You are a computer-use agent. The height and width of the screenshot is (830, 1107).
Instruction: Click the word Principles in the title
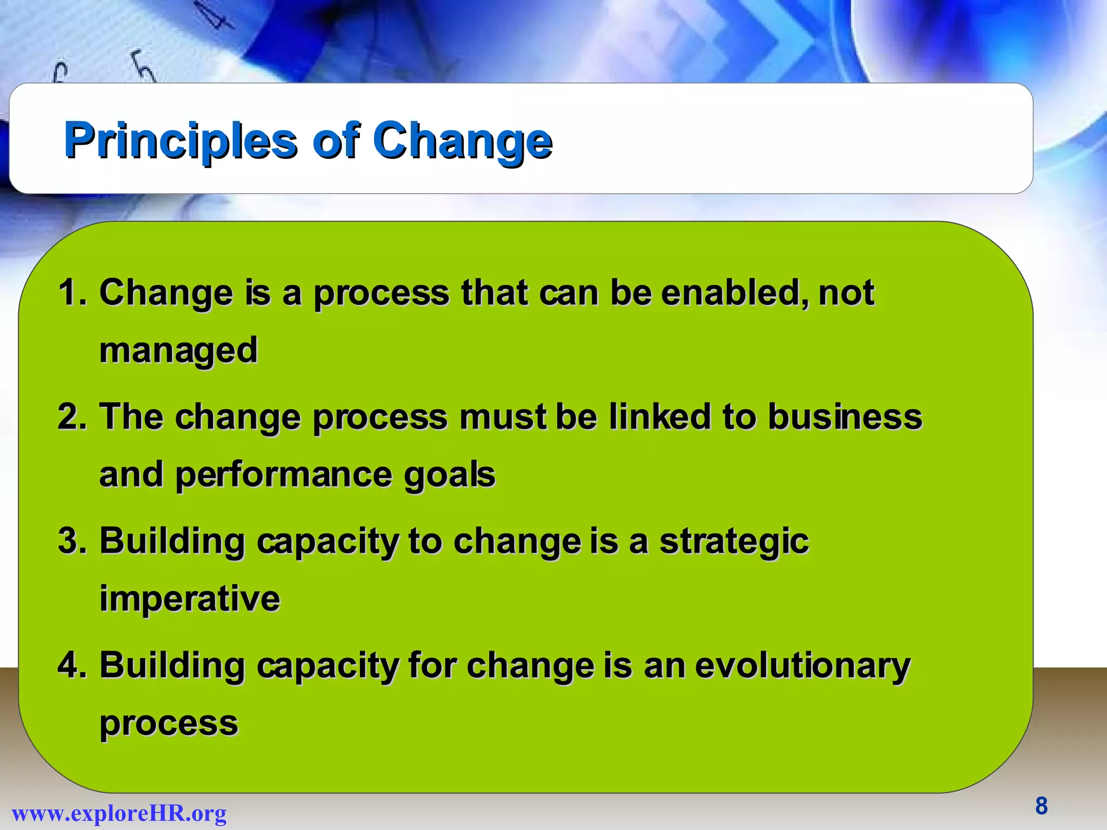tap(181, 142)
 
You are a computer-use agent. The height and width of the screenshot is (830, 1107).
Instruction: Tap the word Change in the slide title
tap(463, 142)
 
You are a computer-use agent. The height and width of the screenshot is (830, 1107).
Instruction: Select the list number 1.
tap(71, 293)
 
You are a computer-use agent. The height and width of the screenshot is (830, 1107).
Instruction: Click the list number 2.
tap(71, 417)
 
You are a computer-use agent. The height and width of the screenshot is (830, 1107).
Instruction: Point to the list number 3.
tap(71, 541)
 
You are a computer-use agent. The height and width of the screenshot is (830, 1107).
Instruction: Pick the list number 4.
tap(71, 665)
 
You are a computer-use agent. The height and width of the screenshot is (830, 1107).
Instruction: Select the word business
tap(845, 417)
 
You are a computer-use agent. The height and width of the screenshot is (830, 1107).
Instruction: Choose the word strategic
tap(733, 542)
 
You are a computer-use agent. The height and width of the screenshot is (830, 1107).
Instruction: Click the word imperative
tap(190, 599)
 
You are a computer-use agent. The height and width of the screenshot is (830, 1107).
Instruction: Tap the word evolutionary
tap(802, 666)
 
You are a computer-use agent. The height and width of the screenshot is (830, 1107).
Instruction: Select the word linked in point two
tap(659, 417)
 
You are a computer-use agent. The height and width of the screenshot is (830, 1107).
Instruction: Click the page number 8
tap(1041, 806)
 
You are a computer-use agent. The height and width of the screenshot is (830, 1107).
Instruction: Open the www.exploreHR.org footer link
tap(119, 813)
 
